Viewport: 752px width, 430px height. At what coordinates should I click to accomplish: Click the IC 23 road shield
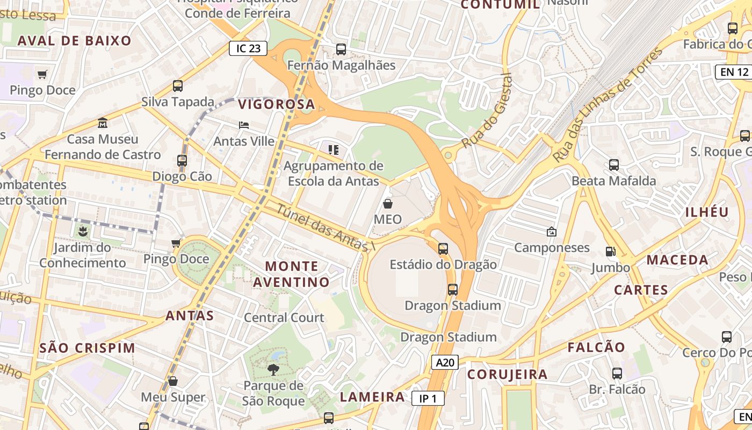[x=248, y=48]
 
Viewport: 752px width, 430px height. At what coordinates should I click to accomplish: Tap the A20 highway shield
[x=445, y=362]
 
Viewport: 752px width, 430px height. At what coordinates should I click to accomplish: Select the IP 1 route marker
[x=428, y=398]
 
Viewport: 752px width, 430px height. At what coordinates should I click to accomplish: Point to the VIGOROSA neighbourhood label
[x=276, y=104]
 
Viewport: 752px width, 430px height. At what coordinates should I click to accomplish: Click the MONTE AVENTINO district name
[x=292, y=274]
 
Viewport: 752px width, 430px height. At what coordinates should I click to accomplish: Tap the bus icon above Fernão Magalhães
[x=341, y=49]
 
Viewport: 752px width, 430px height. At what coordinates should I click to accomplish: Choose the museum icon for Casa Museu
[x=103, y=123]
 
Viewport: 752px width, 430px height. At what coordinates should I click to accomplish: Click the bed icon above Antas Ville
[x=244, y=125]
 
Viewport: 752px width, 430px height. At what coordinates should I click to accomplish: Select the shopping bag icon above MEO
[x=388, y=204]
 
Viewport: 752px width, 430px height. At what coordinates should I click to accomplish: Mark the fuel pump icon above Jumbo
[x=611, y=252]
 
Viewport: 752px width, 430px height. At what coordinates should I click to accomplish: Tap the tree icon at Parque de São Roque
[x=273, y=369]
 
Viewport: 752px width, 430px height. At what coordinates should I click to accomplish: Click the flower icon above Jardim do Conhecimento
[x=83, y=232]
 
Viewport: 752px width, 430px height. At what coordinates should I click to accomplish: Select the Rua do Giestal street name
[x=487, y=111]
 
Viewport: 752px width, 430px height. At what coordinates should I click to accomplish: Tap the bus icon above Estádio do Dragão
[x=443, y=249]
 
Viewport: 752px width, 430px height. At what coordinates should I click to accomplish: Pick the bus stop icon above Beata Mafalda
[x=614, y=165]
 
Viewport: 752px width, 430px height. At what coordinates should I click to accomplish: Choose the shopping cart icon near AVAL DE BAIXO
[x=42, y=74]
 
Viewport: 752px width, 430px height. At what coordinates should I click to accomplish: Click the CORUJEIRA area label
[x=507, y=375]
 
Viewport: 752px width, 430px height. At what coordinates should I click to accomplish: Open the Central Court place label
[x=284, y=318]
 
